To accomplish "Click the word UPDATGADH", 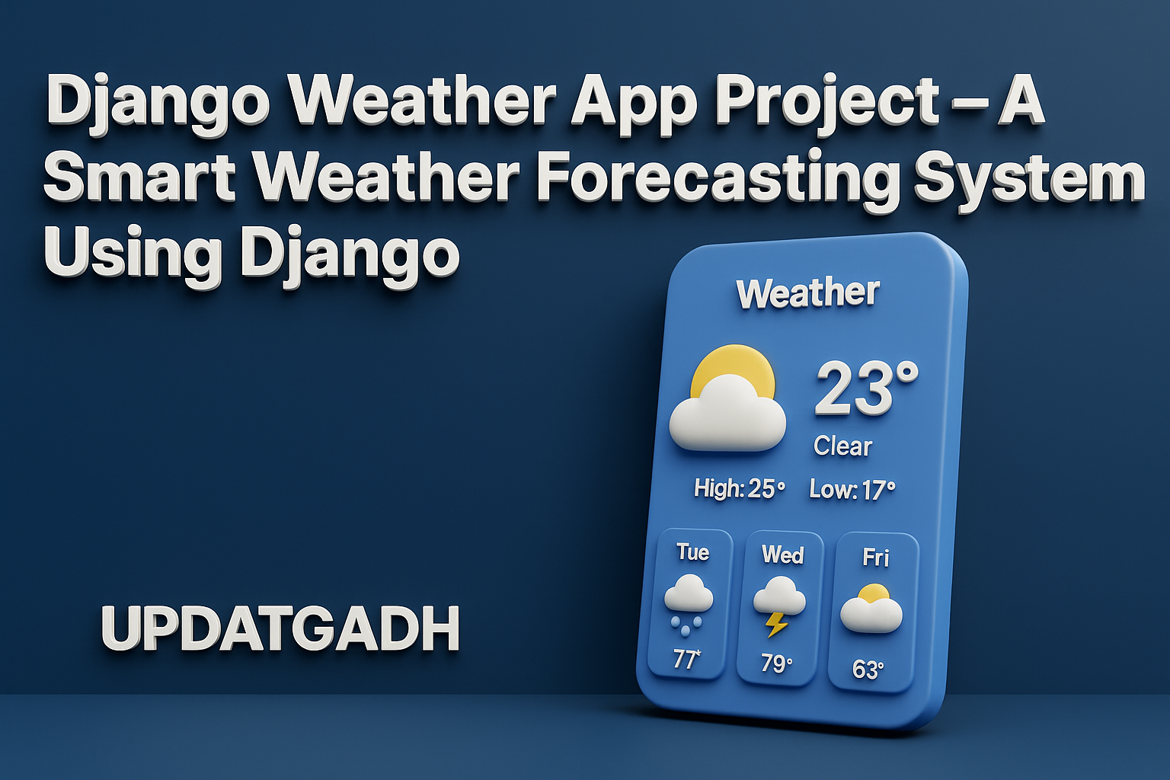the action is point(280,628).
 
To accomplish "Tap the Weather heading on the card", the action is point(807,293).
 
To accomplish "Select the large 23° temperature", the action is point(866,388).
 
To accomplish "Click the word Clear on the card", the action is point(842,446).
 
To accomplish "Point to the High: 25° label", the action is point(740,488).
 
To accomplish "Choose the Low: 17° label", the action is point(852,490).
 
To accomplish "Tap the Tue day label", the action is point(692,552).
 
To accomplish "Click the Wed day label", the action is point(782,555).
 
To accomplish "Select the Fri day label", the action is point(875,557).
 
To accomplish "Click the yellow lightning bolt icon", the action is point(776,625).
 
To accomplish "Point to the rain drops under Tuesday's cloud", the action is point(686,626).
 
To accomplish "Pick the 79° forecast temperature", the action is point(776,663).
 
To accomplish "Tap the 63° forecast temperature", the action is point(868,670).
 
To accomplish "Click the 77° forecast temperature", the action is point(686,659).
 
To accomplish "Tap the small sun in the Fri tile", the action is point(874,593).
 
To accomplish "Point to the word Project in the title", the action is point(827,103).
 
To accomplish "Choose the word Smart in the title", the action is point(140,177).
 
